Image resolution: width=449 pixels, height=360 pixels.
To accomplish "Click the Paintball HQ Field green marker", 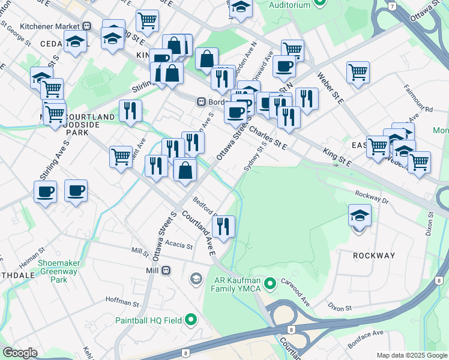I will [191, 320].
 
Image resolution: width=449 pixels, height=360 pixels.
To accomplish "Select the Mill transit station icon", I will [166, 271].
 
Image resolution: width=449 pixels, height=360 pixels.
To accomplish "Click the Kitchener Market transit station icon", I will [87, 26].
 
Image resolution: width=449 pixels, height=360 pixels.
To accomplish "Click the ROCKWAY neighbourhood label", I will [374, 256].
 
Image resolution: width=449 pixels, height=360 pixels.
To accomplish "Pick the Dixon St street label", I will [340, 308].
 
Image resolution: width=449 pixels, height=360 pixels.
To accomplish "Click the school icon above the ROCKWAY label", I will [360, 215].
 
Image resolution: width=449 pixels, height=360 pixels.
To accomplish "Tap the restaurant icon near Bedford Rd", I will [223, 226].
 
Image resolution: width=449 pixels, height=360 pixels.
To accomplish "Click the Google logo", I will [19, 353].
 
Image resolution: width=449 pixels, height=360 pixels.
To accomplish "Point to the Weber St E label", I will [331, 89].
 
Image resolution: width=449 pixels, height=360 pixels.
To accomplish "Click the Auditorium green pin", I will [320, 4].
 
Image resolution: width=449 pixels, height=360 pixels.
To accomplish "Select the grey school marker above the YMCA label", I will [196, 279].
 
